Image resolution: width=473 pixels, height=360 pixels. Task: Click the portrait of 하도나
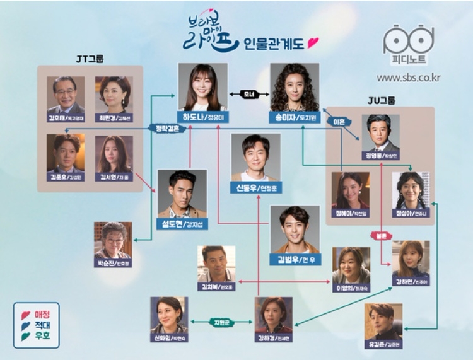202,86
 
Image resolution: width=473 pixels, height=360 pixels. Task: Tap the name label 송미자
295,117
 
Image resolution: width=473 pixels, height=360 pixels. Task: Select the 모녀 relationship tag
248,95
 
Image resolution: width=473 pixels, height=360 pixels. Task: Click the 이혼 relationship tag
336,122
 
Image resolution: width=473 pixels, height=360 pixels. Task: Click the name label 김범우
295,258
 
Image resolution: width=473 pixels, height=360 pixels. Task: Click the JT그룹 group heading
90,59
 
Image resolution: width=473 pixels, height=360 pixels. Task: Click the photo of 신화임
169,314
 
